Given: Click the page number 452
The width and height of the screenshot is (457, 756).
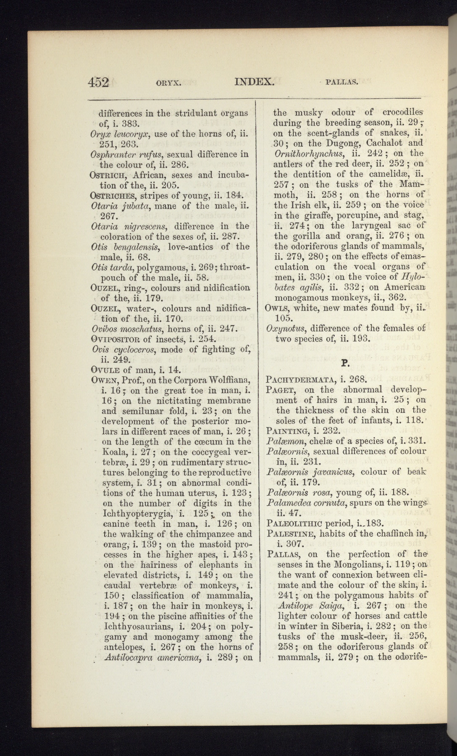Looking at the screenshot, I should click(x=98, y=82).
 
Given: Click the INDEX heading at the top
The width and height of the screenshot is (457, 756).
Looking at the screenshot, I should click(x=255, y=81).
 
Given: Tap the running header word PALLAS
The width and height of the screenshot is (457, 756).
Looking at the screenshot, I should click(x=341, y=82).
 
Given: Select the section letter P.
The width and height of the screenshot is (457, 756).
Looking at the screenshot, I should click(x=346, y=362).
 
